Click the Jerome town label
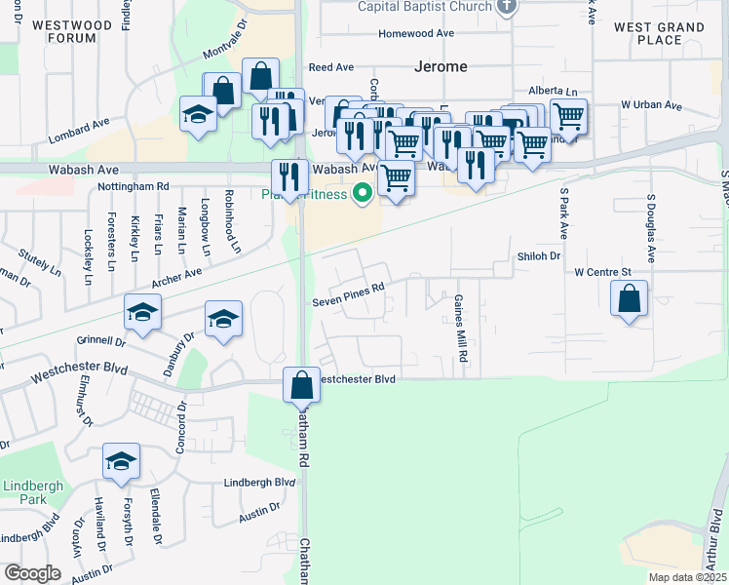[x=441, y=67]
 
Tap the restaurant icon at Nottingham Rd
[x=288, y=176]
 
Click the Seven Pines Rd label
[x=349, y=287]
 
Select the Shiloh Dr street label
[x=542, y=256]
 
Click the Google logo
[x=32, y=573]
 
